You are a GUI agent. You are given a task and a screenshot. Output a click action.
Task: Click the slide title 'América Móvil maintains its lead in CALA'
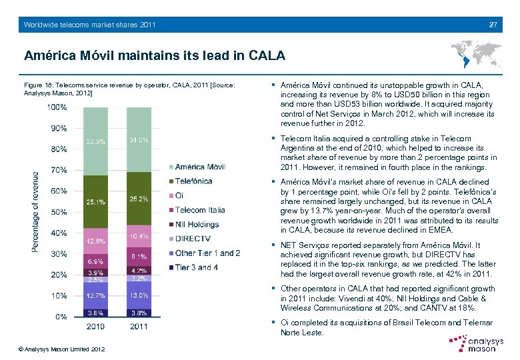pos(154,54)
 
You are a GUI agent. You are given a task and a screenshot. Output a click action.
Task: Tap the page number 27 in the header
pos(493,25)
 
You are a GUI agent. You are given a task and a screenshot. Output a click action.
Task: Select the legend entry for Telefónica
pos(193,181)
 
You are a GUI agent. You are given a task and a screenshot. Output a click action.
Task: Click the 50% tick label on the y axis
pos(59,212)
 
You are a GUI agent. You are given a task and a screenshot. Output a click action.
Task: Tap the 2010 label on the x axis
pos(96,327)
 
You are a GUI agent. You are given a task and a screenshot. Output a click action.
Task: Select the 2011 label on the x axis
pos(139,327)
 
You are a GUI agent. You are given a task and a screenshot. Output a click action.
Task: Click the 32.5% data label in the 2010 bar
pos(95,141)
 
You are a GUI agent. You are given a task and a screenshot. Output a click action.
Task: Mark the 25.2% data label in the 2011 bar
pos(139,199)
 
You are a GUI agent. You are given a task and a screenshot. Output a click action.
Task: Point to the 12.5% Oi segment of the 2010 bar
pos(95,240)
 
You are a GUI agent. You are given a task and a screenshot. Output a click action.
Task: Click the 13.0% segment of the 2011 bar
pos(139,295)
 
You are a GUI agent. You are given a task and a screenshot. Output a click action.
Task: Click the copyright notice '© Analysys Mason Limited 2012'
pos(62,349)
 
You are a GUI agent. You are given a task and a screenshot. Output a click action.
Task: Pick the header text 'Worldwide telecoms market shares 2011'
pos(89,25)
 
